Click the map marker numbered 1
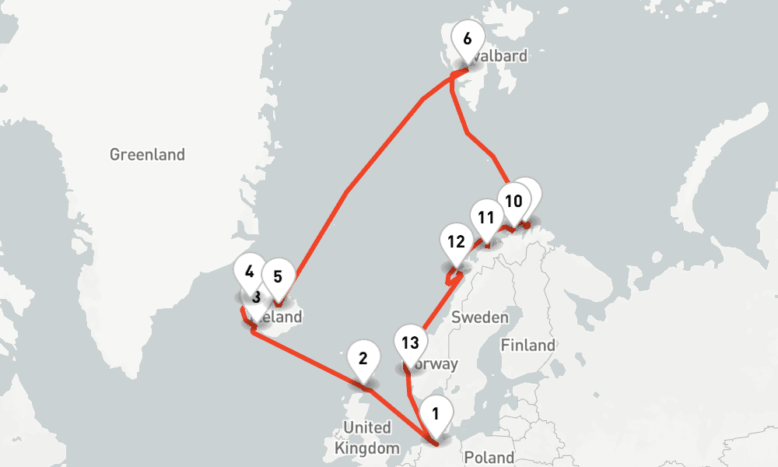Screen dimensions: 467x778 pyautogui.click(x=436, y=413)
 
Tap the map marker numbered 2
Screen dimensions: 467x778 pyautogui.click(x=363, y=358)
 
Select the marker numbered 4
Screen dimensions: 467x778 pyautogui.click(x=249, y=272)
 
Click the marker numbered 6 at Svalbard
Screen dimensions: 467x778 pyautogui.click(x=467, y=38)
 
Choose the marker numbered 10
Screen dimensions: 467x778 pyautogui.click(x=513, y=200)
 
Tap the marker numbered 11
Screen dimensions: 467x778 pyautogui.click(x=486, y=217)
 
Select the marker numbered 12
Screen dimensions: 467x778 pyautogui.click(x=456, y=241)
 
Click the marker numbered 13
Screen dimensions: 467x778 pyautogui.click(x=411, y=342)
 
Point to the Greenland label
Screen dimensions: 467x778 pyautogui.click(x=147, y=154)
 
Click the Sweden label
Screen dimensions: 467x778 pyautogui.click(x=479, y=318)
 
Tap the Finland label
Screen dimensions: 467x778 pyautogui.click(x=528, y=345)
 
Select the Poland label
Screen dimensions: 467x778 pyautogui.click(x=488, y=457)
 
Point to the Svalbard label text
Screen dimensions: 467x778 pyautogui.click(x=501, y=56)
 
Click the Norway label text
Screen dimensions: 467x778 pyautogui.click(x=437, y=363)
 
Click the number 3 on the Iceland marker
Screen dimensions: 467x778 pyautogui.click(x=254, y=297)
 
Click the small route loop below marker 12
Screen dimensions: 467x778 pyautogui.click(x=450, y=276)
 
